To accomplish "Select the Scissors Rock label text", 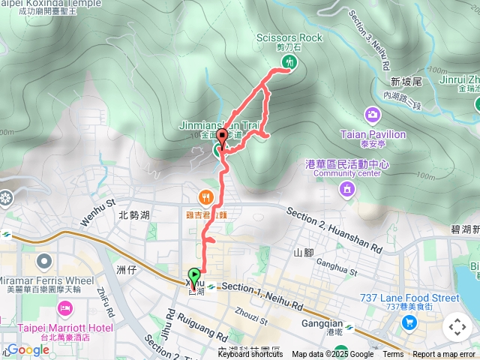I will click(289, 37).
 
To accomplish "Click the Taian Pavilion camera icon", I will click(372, 115).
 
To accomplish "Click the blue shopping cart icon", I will click(409, 323).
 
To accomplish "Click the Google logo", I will click(28, 349).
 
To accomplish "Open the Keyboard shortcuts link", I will click(251, 355).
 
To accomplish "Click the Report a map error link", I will click(444, 355).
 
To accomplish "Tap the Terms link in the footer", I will click(393, 355).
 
